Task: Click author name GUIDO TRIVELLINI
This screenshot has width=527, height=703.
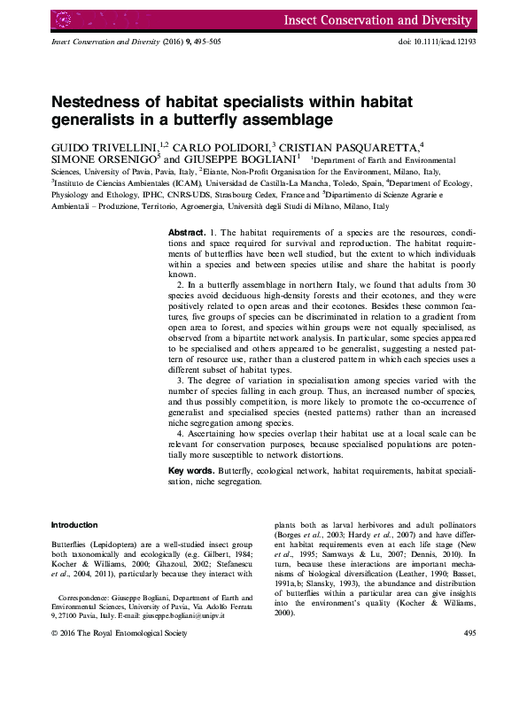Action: (x=104, y=146)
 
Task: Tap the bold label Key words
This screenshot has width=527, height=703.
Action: (x=190, y=470)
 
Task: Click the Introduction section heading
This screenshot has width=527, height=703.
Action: (x=74, y=525)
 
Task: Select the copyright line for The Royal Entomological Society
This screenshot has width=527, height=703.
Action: (x=120, y=634)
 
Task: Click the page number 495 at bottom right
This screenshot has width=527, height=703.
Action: (x=469, y=634)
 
